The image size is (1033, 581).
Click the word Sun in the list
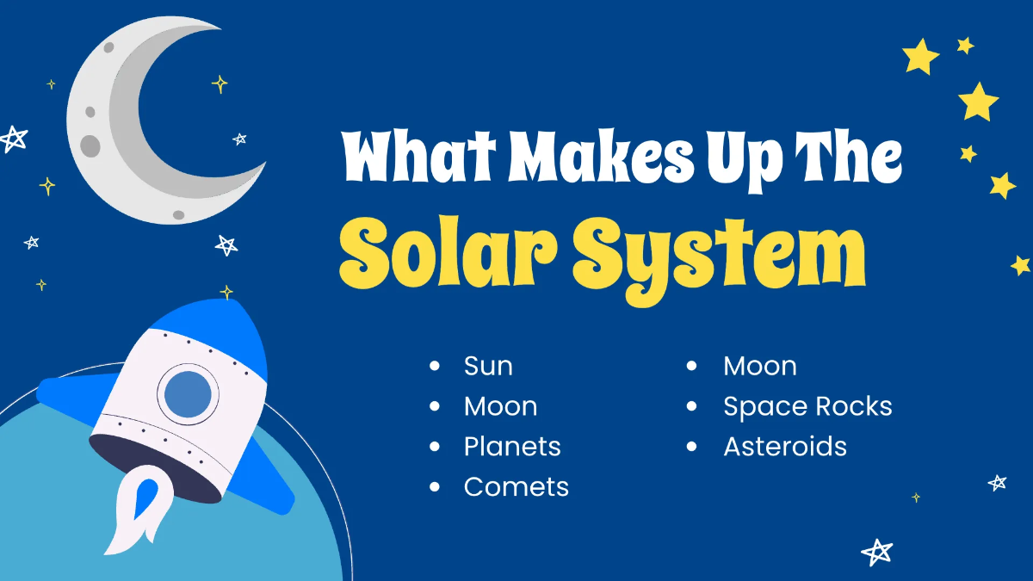[x=488, y=366]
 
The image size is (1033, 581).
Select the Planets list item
[x=512, y=447]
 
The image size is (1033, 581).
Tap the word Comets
[x=516, y=487]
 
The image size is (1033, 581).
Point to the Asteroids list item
[x=785, y=447]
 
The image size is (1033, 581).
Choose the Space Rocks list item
[x=807, y=406]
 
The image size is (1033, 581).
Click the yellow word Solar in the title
[x=448, y=255]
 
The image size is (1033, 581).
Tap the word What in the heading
[x=418, y=156]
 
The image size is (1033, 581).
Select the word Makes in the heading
[x=601, y=156]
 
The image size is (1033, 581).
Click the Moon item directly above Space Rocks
[x=759, y=366]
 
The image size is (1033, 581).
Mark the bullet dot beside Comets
[x=435, y=487]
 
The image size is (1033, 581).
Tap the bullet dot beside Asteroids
[x=691, y=447]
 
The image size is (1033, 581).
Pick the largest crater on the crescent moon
[x=90, y=145]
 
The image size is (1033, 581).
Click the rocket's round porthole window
[x=188, y=394]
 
